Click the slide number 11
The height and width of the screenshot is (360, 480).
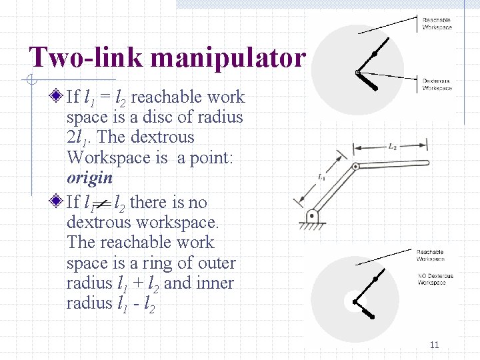434,345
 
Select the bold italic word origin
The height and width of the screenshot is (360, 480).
89,178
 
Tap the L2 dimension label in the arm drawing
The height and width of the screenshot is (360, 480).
393,147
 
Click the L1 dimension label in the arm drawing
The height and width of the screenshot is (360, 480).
322,177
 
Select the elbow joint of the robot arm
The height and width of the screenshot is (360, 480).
355,166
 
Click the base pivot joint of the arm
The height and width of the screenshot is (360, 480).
312,216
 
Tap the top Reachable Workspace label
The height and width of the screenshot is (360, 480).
437,24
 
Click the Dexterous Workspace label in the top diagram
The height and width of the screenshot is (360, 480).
437,85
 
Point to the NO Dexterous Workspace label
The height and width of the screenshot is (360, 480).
435,279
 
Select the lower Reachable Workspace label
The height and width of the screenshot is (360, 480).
431,255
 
